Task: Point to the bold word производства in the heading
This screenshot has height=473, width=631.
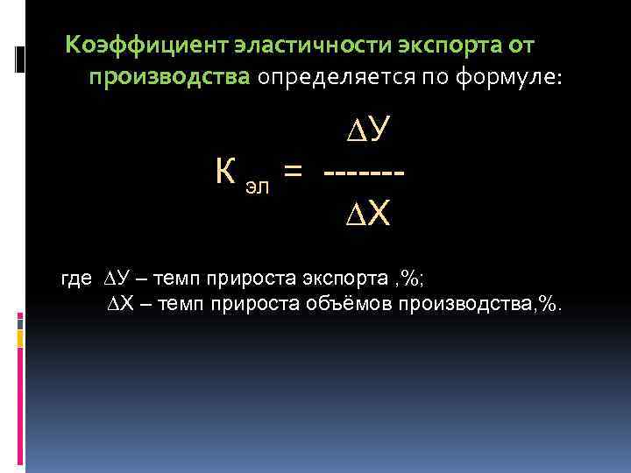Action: pos(169,78)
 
